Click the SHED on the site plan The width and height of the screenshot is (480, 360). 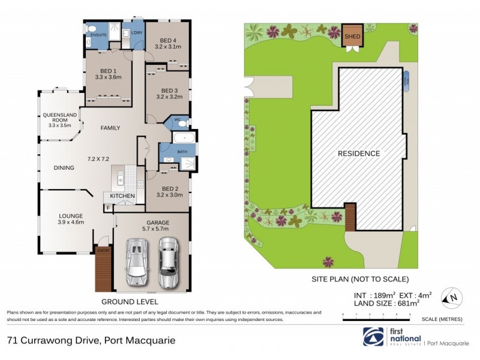click(x=351, y=36)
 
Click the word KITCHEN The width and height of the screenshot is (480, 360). click(x=122, y=196)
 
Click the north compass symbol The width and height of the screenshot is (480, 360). click(x=450, y=296)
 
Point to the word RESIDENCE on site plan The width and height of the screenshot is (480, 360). click(x=358, y=154)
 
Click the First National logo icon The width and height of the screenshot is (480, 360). click(x=374, y=338)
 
